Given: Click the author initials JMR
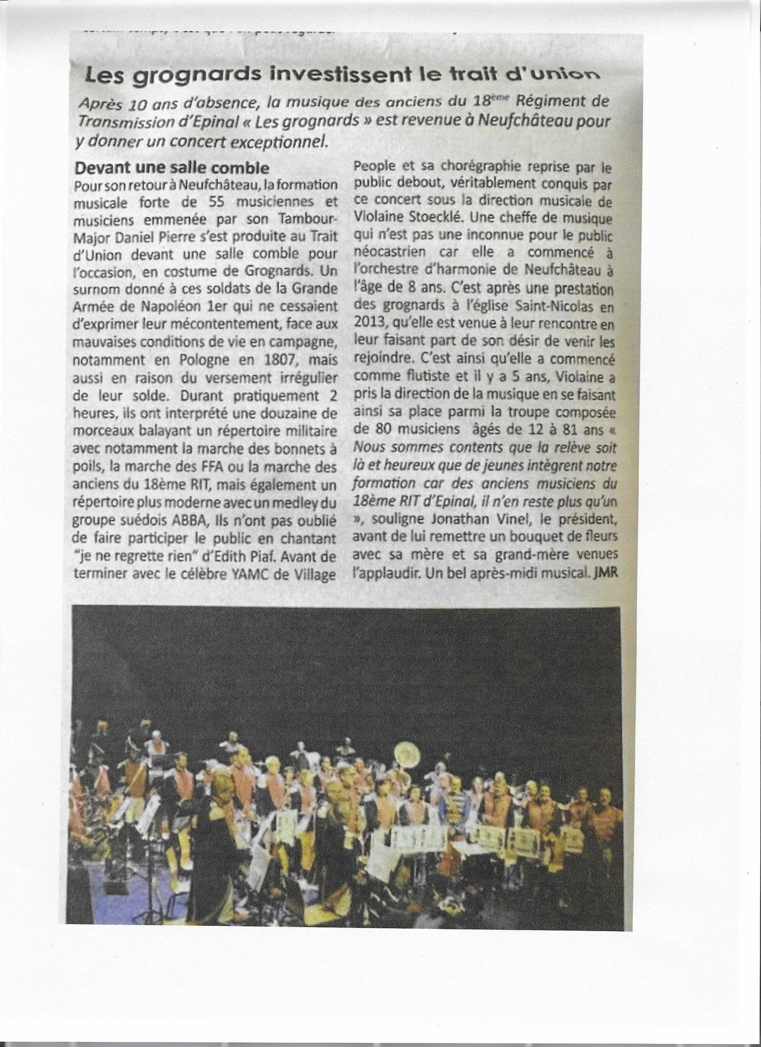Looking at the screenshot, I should [x=603, y=571].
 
